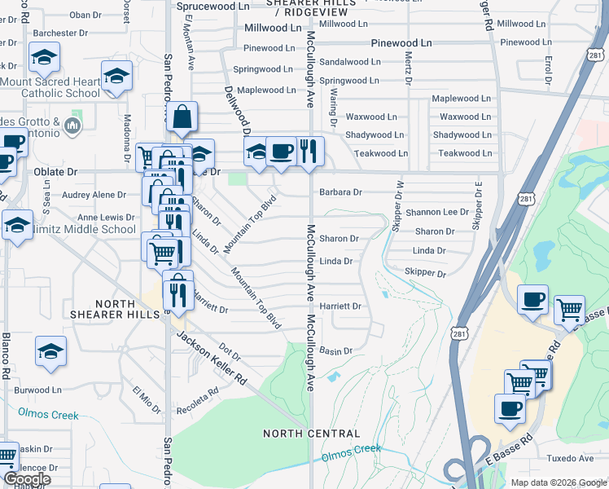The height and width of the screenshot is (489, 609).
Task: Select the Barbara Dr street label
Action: (340, 193)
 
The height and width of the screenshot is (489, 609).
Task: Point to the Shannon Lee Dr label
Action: (438, 212)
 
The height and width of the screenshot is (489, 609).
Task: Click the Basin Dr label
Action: (335, 351)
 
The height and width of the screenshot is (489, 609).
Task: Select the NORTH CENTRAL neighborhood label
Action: (311, 434)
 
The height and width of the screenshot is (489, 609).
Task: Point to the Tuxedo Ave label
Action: (570, 459)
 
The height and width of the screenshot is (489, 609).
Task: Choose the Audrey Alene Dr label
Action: (94, 196)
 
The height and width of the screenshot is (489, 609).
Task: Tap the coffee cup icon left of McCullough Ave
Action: (281, 151)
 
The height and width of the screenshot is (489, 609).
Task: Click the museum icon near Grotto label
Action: (72, 126)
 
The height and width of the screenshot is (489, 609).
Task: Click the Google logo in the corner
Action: (26, 479)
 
